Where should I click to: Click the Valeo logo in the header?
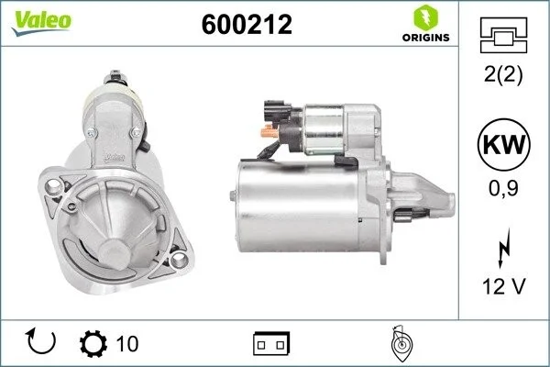tap(41, 22)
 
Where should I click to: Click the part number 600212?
tap(247, 25)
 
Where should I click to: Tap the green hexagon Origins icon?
tap(426, 17)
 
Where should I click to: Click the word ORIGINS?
tap(426, 38)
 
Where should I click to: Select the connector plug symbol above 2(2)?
tap(503, 35)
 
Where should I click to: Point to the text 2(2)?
tap(503, 74)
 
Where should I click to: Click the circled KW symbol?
tap(503, 144)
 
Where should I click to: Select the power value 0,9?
tap(503, 188)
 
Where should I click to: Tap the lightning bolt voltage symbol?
tap(504, 249)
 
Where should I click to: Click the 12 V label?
tap(503, 286)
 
